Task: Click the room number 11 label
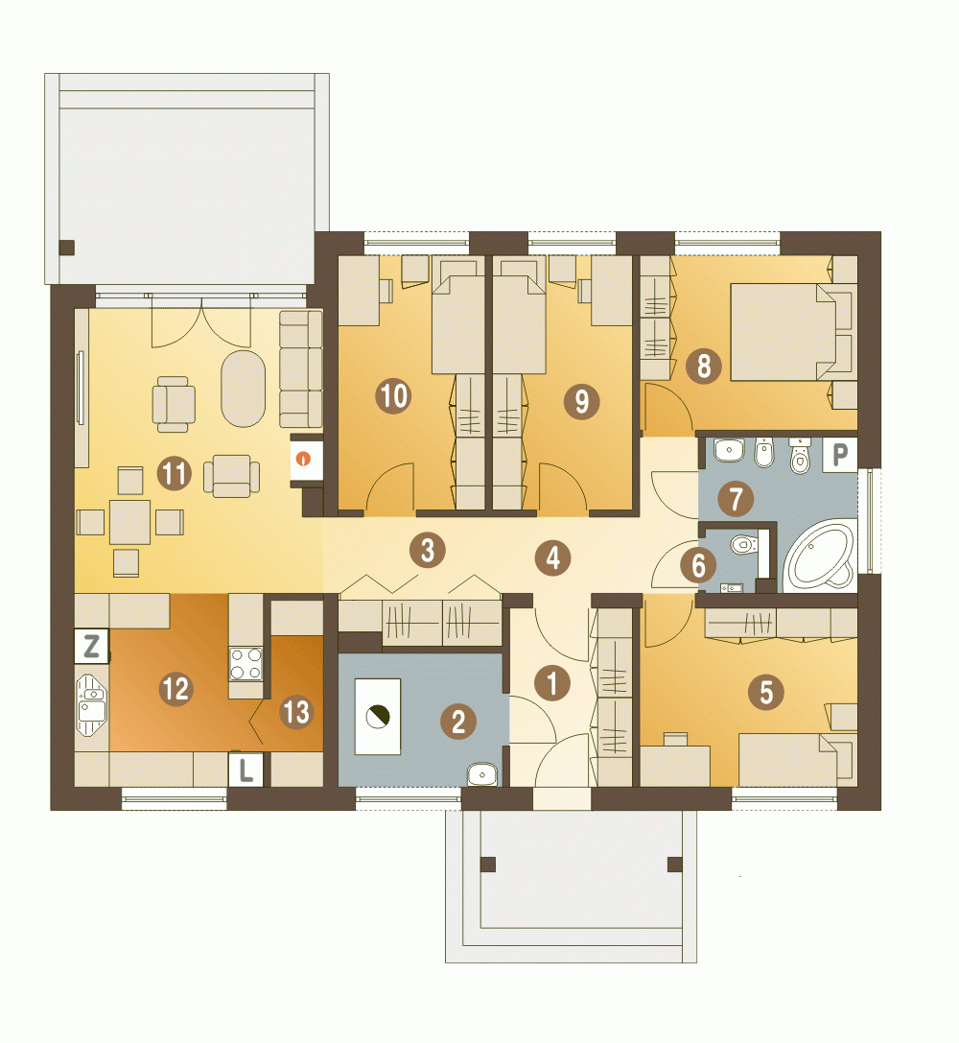(175, 474)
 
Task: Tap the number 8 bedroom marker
(704, 366)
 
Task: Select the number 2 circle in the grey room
(458, 721)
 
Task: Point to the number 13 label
(295, 712)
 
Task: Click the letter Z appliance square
(92, 646)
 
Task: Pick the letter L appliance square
(246, 770)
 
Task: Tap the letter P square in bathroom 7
(840, 455)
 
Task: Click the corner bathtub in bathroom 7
(820, 557)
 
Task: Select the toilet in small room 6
(744, 545)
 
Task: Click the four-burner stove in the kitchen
(246, 664)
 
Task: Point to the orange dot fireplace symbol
(304, 459)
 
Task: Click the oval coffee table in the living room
(244, 389)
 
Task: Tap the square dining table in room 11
(130, 522)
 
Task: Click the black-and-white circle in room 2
(378, 717)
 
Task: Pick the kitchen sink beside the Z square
(91, 705)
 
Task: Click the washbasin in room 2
(482, 773)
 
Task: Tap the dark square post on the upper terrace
(66, 249)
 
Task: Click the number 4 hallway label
(553, 558)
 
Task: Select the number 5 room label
(766, 693)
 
